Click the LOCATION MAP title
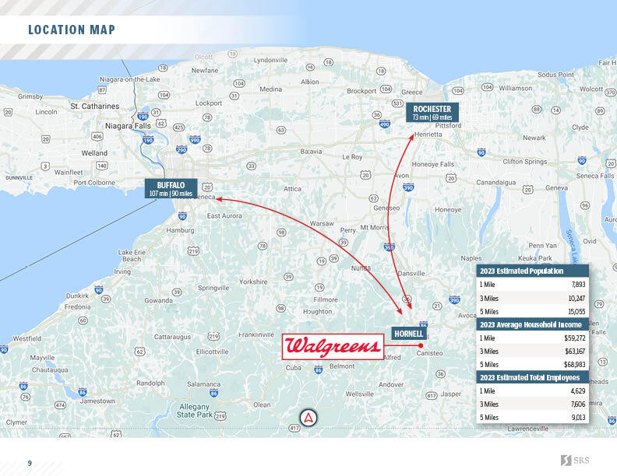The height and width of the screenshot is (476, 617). pyautogui.click(x=72, y=30)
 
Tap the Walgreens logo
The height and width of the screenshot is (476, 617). pyautogui.click(x=333, y=347)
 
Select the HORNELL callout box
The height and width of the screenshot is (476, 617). pyautogui.click(x=407, y=334)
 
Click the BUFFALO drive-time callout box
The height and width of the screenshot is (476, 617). pyautogui.click(x=171, y=189)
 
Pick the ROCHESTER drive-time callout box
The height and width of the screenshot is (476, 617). pyautogui.click(x=432, y=113)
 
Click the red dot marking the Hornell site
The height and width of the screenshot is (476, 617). pyautogui.click(x=420, y=345)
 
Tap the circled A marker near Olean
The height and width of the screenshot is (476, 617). pyautogui.click(x=309, y=417)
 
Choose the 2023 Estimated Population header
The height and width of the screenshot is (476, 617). pyautogui.click(x=522, y=271)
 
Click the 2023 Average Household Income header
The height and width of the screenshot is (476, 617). pyautogui.click(x=531, y=324)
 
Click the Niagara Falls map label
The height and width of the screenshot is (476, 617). pyautogui.click(x=129, y=125)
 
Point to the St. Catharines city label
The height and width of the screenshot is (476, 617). pyautogui.click(x=94, y=106)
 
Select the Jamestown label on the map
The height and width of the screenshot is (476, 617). pyautogui.click(x=97, y=401)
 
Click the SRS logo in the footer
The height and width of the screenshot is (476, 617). pyautogui.click(x=576, y=462)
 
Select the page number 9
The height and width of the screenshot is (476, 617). pyautogui.click(x=30, y=464)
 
